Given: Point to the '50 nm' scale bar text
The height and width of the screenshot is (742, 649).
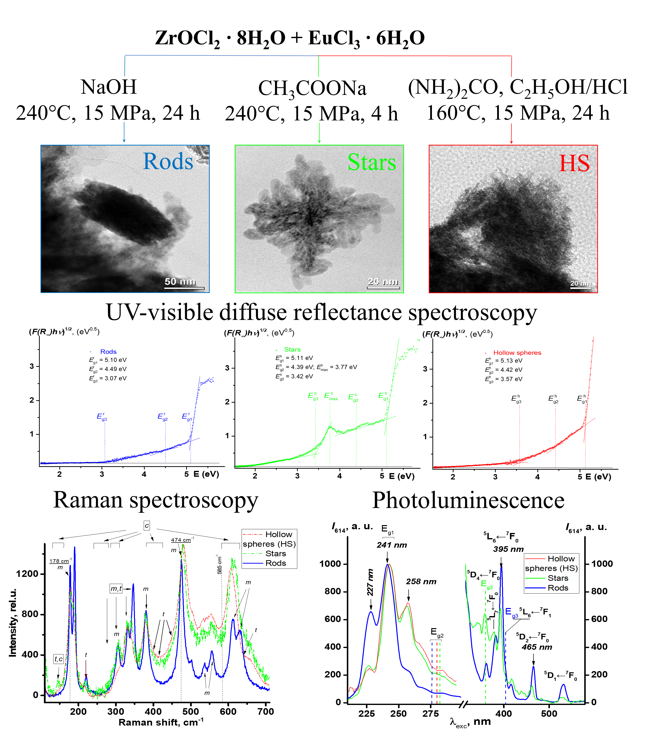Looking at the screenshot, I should coord(180,281).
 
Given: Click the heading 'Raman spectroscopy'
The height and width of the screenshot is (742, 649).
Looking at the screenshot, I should coord(156,500).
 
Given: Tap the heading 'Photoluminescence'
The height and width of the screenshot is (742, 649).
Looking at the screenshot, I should coord(468,500).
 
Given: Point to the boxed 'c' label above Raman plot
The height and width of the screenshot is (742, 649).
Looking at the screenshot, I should coord(147,526).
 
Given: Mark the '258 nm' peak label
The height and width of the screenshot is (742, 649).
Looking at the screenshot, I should coord(421,582).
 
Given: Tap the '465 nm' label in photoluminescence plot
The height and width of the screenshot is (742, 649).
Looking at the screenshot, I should coord(537,647).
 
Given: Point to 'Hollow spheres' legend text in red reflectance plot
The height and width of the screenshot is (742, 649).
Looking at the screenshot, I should coord(517,353).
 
